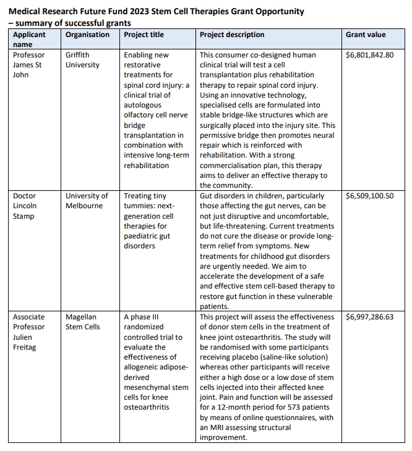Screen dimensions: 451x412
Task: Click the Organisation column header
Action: click(88, 35)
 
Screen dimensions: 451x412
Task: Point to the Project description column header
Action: click(232, 35)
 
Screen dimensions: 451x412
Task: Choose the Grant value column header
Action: click(366, 35)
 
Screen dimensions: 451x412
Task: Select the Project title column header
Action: click(144, 35)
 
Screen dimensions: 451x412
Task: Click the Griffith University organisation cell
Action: click(82, 60)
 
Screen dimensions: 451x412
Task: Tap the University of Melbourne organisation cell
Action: click(87, 201)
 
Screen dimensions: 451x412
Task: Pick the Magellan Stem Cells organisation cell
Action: click(83, 322)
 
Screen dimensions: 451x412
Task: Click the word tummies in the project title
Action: click(139, 206)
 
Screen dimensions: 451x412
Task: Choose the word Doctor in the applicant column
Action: click(25, 196)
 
